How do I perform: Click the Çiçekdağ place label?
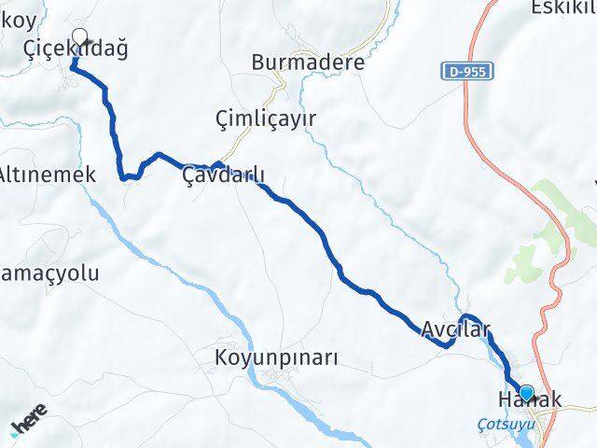coord(76,49)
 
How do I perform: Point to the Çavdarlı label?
coord(224,175)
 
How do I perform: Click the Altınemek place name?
coord(47,175)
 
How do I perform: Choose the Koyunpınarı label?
coord(275,358)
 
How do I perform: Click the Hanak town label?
coord(529,400)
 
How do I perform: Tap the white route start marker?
coord(79,38)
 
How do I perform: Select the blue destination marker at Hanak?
coord(527,393)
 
